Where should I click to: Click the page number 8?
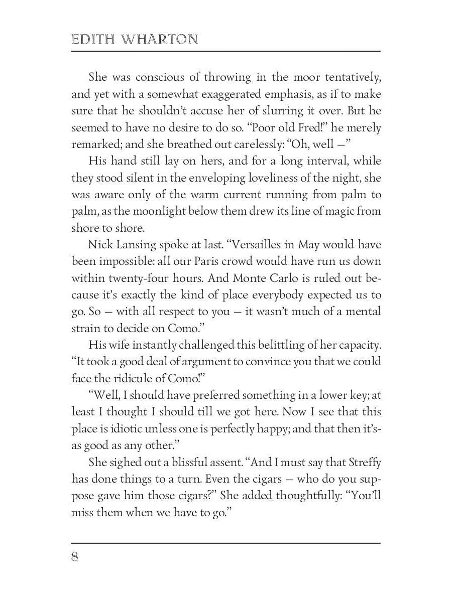point(75,557)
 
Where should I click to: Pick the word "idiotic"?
point(120,429)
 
